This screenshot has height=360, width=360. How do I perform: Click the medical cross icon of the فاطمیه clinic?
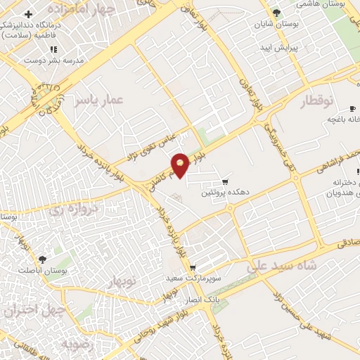27,14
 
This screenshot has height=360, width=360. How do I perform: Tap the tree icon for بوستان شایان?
276,13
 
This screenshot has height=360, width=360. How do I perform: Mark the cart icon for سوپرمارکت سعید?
193,268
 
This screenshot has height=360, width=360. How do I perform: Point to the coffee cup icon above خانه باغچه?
352,109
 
